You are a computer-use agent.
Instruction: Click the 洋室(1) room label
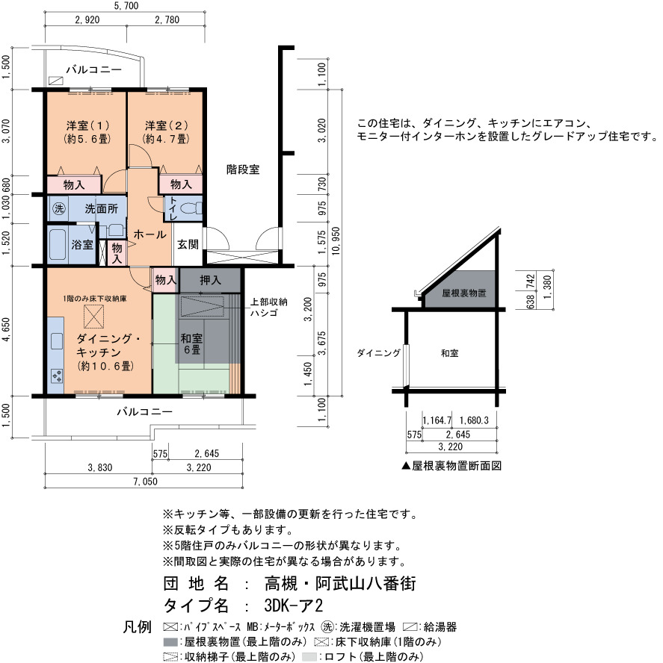pos(88,125)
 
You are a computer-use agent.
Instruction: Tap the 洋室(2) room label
pos(167,125)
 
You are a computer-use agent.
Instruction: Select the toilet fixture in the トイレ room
pos(191,208)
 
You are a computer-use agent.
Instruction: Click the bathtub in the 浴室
pos(58,245)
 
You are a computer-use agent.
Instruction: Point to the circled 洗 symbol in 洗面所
pos(59,208)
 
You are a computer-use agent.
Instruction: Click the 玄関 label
pos(188,244)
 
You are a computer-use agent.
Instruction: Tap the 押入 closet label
pos(211,280)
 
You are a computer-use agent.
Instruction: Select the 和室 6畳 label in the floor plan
pos(192,343)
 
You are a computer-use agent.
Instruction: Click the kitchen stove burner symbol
pos(57,376)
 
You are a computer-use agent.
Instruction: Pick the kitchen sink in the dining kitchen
pos(57,341)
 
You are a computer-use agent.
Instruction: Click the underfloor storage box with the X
pos(93,317)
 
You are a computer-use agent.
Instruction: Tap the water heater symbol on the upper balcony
pos(56,81)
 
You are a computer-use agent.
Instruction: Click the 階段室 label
pos(243,169)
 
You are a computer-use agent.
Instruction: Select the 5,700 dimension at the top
pos(126,6)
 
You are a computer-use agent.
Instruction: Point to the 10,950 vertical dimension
pos(336,241)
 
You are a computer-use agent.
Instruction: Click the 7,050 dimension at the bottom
pos(145,481)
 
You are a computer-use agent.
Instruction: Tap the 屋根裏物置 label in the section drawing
pos(464,293)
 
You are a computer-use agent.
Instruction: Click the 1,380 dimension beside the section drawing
pos(548,287)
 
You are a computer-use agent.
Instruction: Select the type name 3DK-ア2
pos(294,606)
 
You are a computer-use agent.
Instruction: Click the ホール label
pos(150,234)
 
